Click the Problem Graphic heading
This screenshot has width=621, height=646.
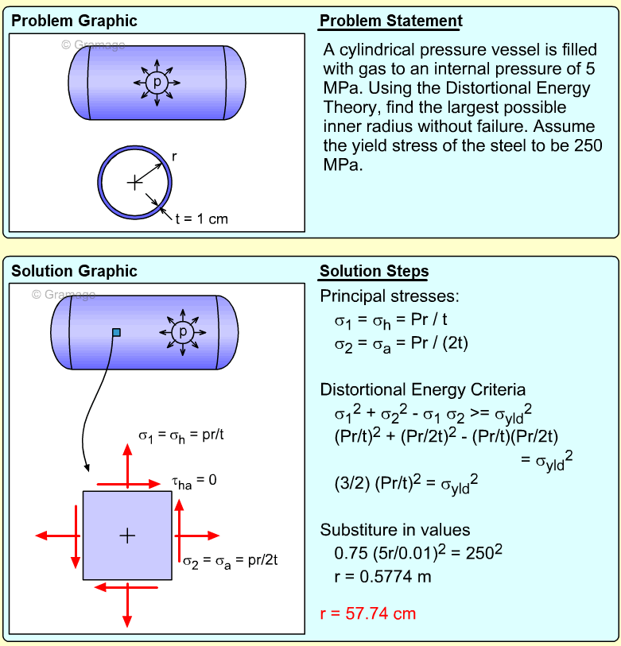click(x=74, y=21)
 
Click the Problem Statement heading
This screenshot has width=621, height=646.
click(x=390, y=21)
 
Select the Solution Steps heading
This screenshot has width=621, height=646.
click(x=374, y=272)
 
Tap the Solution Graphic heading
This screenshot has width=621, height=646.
click(x=74, y=272)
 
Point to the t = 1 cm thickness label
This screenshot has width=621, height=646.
click(x=201, y=219)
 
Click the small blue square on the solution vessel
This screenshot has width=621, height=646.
click(x=116, y=332)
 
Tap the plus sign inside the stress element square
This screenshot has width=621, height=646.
click(x=127, y=536)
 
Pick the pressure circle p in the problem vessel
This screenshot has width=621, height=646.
click(x=157, y=82)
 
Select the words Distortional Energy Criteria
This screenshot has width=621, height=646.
click(x=422, y=390)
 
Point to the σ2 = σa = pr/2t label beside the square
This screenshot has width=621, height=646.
click(x=229, y=562)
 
